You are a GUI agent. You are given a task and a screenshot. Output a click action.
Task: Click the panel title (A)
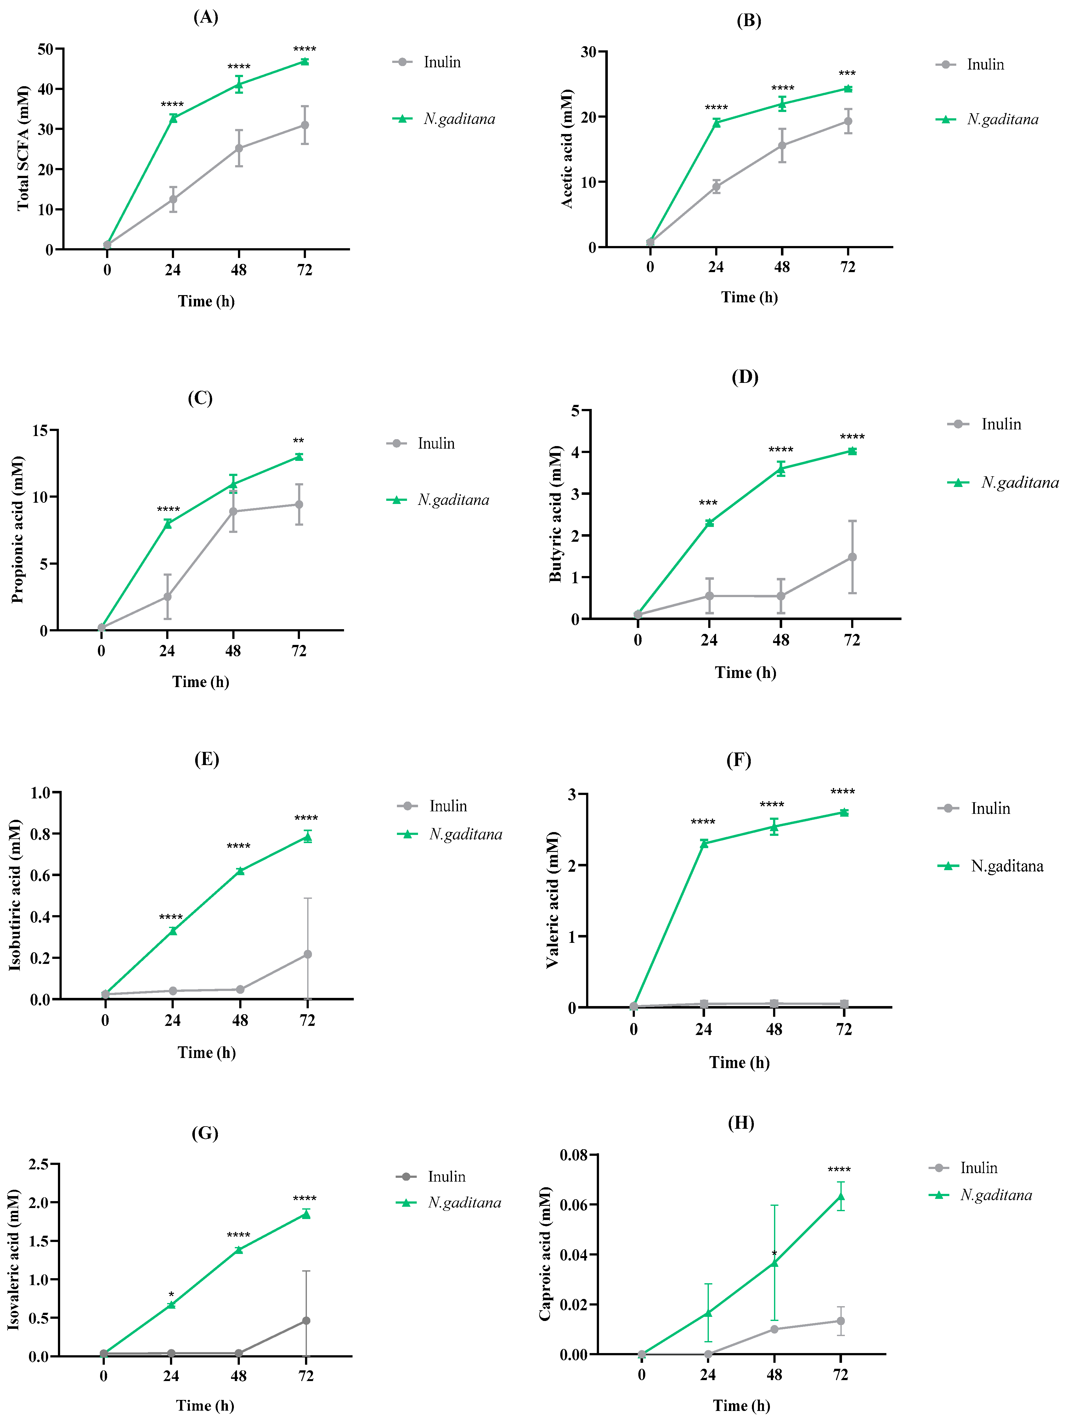click(x=206, y=17)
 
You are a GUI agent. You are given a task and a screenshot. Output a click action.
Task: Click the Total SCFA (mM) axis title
click(x=23, y=148)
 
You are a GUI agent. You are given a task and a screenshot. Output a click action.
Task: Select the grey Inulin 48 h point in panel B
click(x=782, y=145)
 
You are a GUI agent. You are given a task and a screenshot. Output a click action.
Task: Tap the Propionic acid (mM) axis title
click(x=17, y=530)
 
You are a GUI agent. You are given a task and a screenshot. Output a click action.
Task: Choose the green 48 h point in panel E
click(x=240, y=871)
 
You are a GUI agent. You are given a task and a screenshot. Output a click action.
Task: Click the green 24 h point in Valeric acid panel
click(x=704, y=843)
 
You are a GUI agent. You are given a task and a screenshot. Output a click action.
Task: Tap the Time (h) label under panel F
click(x=739, y=1063)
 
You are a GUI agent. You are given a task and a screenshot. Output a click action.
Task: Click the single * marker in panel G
click(x=171, y=1295)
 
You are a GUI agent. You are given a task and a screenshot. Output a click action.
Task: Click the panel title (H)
click(x=741, y=1123)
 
